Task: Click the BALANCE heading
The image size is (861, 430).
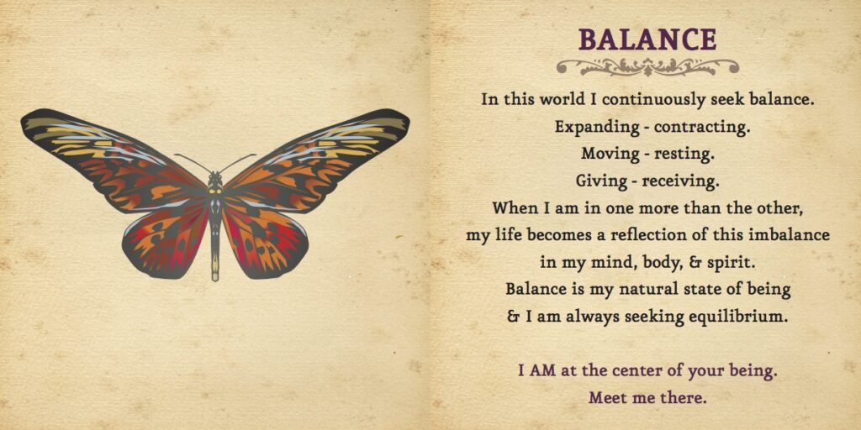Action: click(x=647, y=39)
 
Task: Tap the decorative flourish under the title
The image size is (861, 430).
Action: click(x=647, y=67)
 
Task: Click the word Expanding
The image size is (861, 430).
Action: click(x=597, y=128)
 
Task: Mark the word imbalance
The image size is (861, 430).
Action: click(x=790, y=235)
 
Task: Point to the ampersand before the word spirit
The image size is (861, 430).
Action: click(x=700, y=262)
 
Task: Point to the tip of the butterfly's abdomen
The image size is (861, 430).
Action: click(x=214, y=278)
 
